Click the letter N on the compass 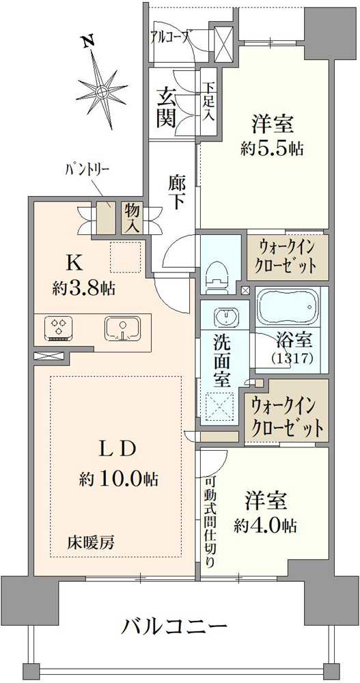(87, 42)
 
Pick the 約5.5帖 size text (272, 148)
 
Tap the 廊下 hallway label (176, 192)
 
